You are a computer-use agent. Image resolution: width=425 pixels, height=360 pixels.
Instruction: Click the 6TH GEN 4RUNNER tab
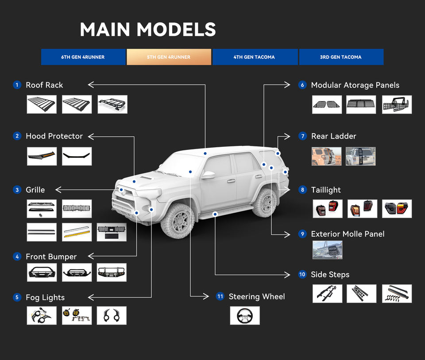coord(83,57)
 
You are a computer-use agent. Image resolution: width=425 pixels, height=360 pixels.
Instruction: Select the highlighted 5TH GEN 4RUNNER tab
coord(169,57)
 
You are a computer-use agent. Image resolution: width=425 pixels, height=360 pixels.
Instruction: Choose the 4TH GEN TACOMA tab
coord(254,57)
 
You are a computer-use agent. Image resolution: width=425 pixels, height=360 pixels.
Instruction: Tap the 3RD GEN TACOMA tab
coord(340,57)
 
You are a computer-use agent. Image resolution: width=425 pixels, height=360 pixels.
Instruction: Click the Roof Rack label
coord(44,85)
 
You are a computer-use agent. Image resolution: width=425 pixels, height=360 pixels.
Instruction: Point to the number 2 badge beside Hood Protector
coord(17,136)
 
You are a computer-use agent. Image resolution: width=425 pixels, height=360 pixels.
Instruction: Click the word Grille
coord(35,190)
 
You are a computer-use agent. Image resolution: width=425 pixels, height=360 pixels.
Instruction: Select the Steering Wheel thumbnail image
coord(244,315)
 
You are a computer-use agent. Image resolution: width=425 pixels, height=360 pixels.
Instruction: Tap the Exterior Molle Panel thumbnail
coord(327,250)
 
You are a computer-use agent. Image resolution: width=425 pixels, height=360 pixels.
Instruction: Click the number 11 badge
coord(220,296)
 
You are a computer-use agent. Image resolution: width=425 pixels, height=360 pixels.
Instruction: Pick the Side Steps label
coord(330,275)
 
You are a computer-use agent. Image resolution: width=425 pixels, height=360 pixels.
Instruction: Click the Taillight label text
coord(326,190)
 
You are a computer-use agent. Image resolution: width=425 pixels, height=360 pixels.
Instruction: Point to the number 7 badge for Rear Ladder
coord(303,136)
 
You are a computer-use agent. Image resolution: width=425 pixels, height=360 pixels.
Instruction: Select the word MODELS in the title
coord(176,30)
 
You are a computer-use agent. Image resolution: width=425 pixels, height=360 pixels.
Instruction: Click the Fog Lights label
coord(45,297)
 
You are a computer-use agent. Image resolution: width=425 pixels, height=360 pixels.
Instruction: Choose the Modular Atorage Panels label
coord(355,85)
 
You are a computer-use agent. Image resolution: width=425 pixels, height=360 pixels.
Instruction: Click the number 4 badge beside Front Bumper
coord(17,257)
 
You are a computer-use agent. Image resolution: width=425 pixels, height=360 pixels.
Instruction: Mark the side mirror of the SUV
coord(208,175)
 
